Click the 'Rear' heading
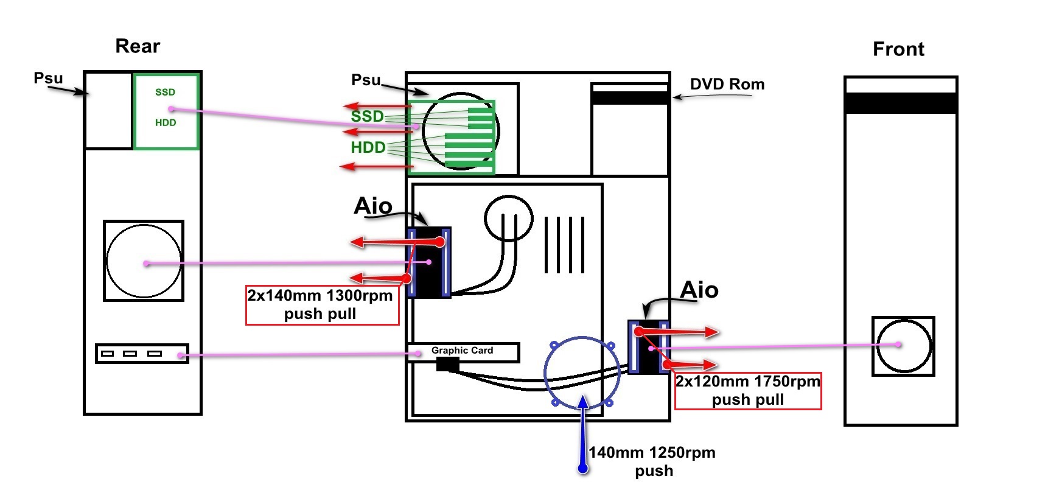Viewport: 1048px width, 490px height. (138, 46)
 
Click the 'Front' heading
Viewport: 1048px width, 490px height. (898, 49)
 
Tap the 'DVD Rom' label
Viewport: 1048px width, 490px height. (727, 85)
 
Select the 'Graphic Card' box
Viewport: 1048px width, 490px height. (463, 351)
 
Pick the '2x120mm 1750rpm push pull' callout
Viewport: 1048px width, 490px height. (748, 391)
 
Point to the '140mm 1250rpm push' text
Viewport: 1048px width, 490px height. (652, 461)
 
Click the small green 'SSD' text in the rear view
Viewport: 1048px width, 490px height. (165, 93)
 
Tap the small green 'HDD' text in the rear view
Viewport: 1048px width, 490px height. (166, 123)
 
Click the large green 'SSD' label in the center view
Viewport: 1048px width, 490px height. (367, 116)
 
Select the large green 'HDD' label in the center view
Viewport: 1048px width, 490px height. (368, 147)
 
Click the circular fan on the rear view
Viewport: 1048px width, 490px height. (144, 261)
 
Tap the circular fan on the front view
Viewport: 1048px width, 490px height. (903, 346)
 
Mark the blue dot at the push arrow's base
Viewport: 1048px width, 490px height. (583, 469)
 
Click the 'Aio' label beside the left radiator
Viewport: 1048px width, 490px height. (373, 206)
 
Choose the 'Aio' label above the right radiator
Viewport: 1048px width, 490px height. (699, 290)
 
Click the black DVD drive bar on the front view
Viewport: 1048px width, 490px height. (901, 103)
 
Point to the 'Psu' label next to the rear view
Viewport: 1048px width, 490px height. (48, 79)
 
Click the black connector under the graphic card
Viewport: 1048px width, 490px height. (448, 365)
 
